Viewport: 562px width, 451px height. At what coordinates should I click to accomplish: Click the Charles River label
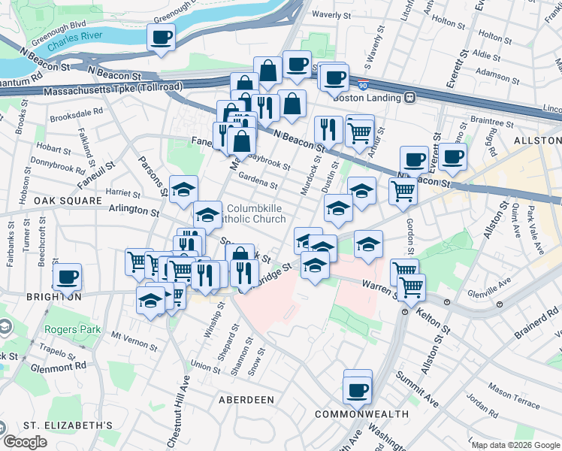tap(74, 46)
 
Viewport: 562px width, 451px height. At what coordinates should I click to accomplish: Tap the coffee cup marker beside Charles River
tap(162, 38)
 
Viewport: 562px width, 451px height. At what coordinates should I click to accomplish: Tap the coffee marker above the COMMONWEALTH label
tap(358, 389)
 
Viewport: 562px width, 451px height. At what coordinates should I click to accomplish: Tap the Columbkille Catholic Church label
tap(256, 213)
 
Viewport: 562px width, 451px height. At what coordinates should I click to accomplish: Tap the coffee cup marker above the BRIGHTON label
tap(68, 277)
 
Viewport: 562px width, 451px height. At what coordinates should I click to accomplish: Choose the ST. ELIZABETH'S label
tap(68, 425)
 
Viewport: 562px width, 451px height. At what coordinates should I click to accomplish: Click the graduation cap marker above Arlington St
tap(183, 190)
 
